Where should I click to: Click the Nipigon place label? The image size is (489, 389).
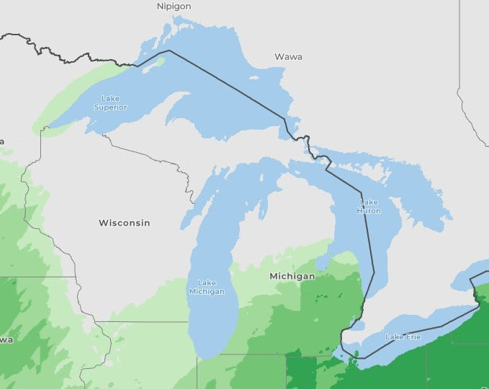pos(174,6)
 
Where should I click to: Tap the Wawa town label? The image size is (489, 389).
pos(288,56)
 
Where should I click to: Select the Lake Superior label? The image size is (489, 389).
pos(110,103)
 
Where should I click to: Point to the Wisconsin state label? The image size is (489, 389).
pos(125,223)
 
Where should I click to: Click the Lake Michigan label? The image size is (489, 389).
pos(207,287)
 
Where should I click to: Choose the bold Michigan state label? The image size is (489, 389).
pos(292,276)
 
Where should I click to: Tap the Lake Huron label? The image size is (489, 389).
pos(368,206)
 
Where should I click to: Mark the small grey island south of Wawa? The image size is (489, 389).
pos(254,78)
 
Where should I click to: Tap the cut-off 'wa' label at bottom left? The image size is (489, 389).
pos(6,339)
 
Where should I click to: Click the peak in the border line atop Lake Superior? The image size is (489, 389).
pos(169,50)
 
